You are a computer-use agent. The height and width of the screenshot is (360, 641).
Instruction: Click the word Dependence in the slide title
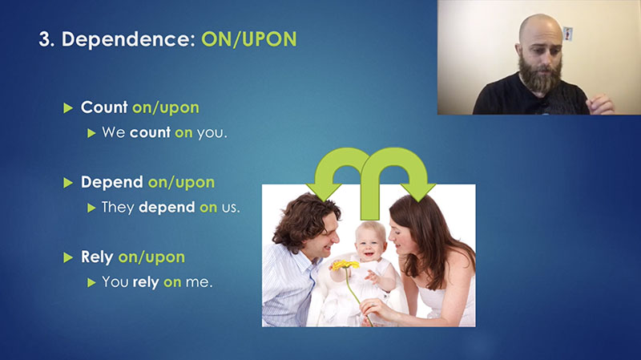128,39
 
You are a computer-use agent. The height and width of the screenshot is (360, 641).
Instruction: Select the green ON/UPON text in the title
249,39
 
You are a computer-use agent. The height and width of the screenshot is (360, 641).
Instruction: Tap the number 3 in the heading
44,39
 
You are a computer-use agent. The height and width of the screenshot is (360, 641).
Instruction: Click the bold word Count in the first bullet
104,107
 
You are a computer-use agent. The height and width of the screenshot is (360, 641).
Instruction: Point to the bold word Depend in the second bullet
112,183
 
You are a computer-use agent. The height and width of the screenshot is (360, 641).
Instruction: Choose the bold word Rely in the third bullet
97,257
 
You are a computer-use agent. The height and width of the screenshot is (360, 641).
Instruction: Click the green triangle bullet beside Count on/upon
68,108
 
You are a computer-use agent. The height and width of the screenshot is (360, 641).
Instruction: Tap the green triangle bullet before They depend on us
91,208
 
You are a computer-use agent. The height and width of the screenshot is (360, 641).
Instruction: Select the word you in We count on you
212,133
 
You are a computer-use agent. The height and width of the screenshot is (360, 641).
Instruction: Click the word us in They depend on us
231,208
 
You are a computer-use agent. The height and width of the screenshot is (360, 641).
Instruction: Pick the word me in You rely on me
199,282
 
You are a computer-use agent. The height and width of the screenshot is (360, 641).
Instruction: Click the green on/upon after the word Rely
151,257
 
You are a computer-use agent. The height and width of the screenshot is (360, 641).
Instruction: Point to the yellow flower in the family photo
345,265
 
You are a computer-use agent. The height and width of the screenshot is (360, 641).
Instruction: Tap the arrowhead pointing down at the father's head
325,192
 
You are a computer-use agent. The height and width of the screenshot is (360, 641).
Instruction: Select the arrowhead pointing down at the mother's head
417,192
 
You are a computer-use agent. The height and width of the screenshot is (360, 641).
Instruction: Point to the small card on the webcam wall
568,34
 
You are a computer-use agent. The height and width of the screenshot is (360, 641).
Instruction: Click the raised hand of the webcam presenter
599,104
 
